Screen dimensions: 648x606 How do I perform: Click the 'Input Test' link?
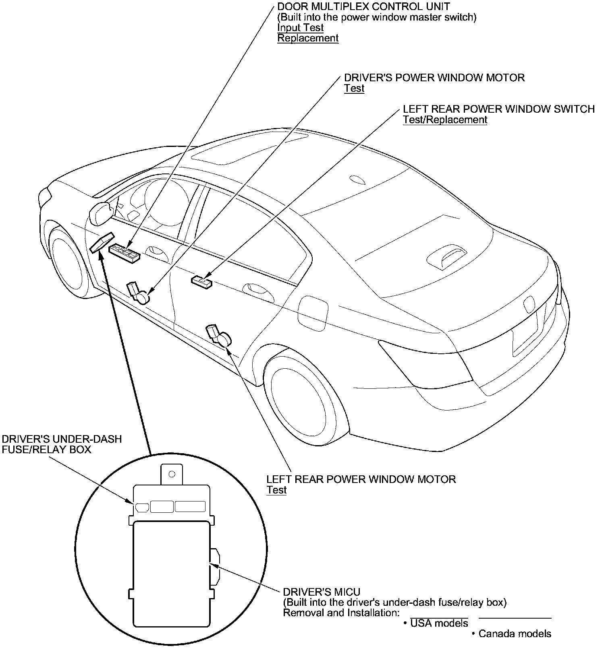pos(300,28)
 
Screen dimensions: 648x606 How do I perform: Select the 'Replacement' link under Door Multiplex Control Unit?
pos(308,38)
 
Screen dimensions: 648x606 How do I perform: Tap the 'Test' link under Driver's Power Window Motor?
pos(354,89)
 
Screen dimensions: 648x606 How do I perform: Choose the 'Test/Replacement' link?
pos(445,120)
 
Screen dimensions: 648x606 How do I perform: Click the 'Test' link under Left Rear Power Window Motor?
pos(276,490)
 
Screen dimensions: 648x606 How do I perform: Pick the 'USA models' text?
pos(439,623)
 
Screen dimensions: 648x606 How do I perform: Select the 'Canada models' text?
pos(515,634)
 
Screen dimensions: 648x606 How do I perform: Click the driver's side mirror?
pos(101,213)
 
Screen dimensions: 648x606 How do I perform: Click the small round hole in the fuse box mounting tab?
pos(172,474)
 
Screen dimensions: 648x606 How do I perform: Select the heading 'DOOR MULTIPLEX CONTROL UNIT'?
pos(363,6)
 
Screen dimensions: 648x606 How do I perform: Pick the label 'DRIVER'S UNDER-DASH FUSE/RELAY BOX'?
pos(61,444)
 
